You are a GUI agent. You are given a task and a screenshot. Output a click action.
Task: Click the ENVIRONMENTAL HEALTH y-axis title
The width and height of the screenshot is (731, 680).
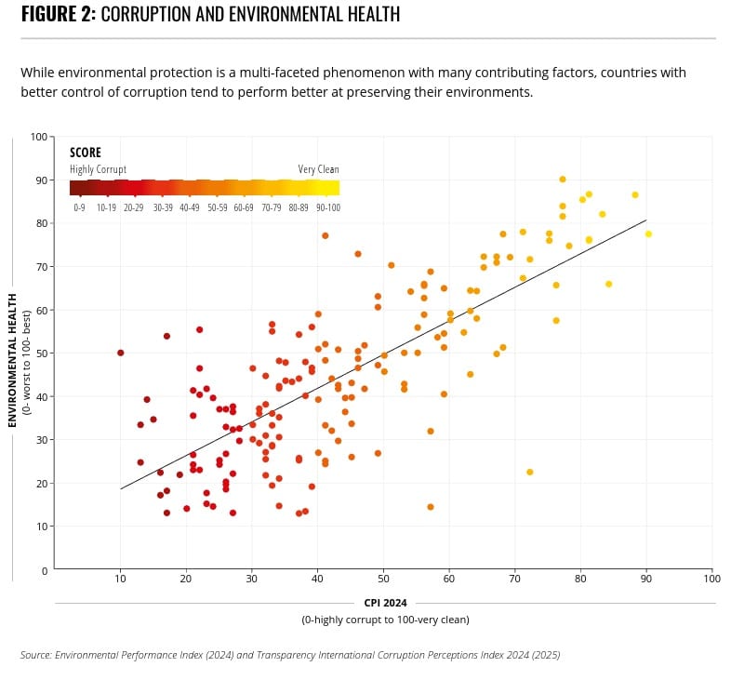pos(13,359)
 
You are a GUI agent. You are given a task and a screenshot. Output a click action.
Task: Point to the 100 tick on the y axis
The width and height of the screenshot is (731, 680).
pos(38,137)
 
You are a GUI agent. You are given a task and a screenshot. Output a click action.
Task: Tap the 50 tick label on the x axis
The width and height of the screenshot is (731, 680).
pos(383,580)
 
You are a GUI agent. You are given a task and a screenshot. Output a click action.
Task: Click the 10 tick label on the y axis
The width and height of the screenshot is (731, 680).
pos(41,527)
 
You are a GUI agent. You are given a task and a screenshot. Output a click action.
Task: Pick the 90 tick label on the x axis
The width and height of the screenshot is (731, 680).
pos(646,580)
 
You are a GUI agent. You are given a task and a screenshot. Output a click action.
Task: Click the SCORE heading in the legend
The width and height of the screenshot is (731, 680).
pos(86,153)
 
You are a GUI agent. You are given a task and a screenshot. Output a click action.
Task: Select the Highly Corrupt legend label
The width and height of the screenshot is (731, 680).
pos(98,169)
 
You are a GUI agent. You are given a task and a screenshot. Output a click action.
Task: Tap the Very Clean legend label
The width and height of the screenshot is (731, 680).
pos(318,169)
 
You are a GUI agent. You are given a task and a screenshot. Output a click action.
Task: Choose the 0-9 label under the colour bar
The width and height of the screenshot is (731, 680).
pos(80,207)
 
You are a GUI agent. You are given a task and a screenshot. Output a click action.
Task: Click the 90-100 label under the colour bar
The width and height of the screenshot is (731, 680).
pos(327,207)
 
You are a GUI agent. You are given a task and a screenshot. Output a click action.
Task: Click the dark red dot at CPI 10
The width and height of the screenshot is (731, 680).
pos(121,353)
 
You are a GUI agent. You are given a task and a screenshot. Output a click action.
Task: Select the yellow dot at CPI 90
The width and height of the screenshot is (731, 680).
pos(648,233)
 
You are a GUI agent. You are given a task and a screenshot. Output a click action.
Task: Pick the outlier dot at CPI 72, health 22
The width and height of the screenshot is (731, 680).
pos(530,472)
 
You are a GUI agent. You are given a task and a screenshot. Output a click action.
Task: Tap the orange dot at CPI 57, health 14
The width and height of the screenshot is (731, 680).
pos(431,507)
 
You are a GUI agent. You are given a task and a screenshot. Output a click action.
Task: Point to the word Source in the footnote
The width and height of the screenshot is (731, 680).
pos(35,655)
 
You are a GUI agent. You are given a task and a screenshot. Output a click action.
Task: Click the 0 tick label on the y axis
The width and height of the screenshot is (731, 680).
pos(44,570)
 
